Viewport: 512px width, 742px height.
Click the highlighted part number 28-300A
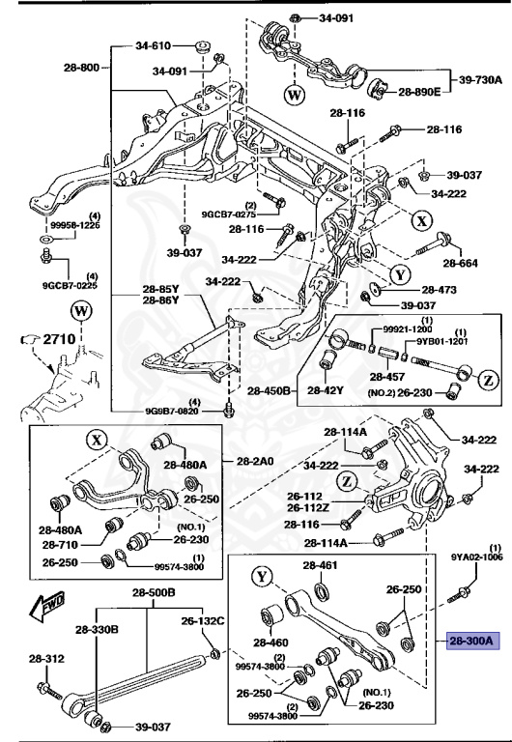coord(470,640)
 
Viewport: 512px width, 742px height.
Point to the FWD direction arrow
coord(47,607)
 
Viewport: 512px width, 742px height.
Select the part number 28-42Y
coord(327,390)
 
